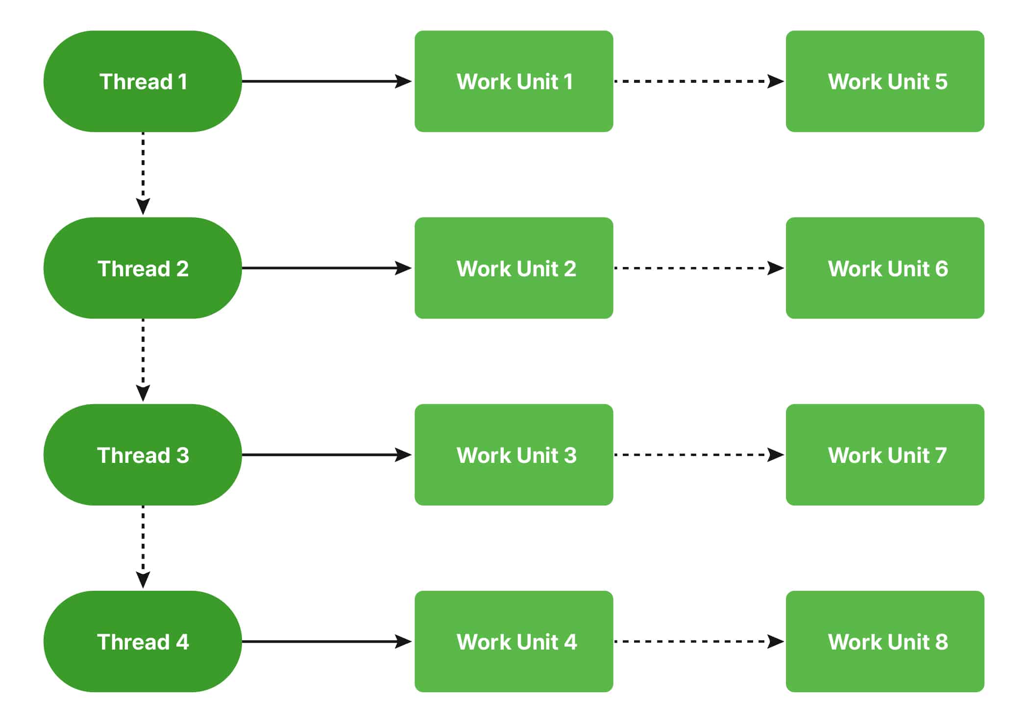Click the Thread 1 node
click(143, 81)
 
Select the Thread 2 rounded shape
click(143, 268)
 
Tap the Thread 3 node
click(143, 455)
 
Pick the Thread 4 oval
click(143, 641)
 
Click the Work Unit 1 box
click(514, 81)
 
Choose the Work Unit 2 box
click(514, 268)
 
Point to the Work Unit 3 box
click(514, 455)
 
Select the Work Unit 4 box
click(514, 641)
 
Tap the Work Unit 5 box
click(885, 81)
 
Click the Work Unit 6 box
click(885, 268)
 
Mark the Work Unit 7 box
click(885, 455)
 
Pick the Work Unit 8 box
click(885, 641)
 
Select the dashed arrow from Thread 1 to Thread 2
click(143, 171)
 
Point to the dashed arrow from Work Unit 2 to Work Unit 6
click(696, 268)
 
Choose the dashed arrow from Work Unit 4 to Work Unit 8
click(696, 641)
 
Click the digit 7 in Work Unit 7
click(940, 456)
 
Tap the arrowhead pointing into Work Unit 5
click(776, 81)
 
